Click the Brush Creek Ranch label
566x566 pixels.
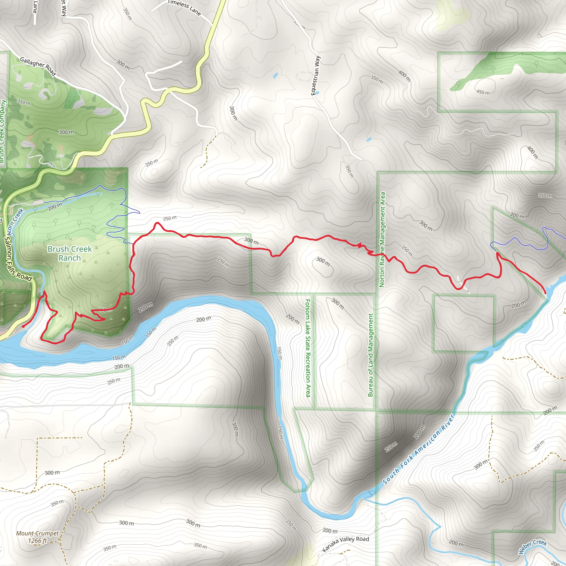(x=70, y=253)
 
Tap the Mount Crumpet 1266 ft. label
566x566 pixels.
(x=38, y=537)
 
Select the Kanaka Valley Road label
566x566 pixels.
(x=345, y=544)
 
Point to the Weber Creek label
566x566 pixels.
(x=532, y=547)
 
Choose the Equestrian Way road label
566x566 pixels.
(x=316, y=75)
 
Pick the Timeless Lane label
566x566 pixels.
(x=184, y=8)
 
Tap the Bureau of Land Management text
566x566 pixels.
(x=371, y=355)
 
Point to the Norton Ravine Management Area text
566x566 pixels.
(x=382, y=239)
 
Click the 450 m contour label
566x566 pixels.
(x=483, y=92)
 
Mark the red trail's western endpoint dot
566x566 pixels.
(x=23, y=326)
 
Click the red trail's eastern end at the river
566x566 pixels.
(x=545, y=293)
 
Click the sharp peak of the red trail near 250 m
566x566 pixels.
(x=158, y=223)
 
